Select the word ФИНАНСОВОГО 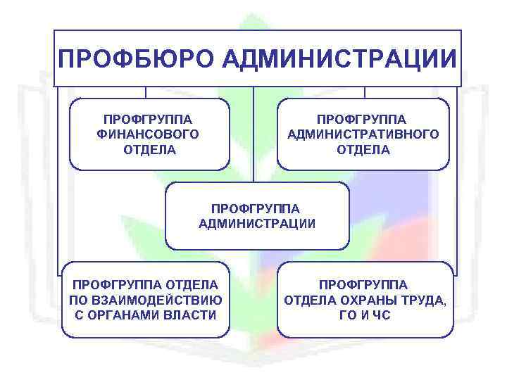tap(149, 134)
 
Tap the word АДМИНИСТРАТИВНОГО tap(363, 134)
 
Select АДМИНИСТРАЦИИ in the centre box tap(257, 224)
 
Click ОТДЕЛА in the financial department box tap(150, 149)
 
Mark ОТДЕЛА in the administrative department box tap(363, 149)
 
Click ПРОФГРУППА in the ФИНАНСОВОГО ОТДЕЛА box tap(149, 118)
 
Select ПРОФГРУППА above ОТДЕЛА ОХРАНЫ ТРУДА tap(363, 285)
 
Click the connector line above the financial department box tap(146, 92)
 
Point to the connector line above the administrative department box tap(364, 92)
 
